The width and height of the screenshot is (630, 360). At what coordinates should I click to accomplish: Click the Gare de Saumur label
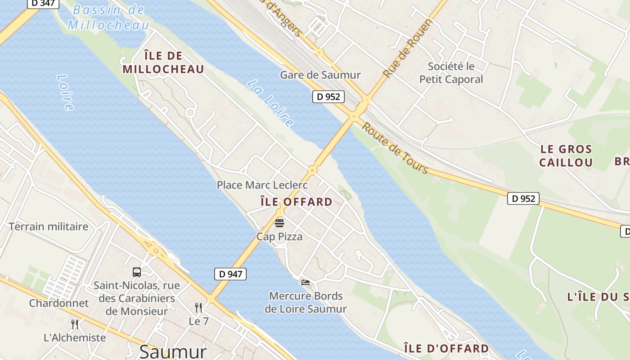(320, 75)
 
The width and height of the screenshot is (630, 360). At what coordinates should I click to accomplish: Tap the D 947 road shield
(230, 274)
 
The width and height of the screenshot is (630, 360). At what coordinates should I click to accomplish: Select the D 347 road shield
(44, 3)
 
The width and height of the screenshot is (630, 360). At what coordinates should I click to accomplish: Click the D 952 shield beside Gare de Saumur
(328, 96)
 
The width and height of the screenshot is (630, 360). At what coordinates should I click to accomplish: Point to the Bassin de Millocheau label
(108, 17)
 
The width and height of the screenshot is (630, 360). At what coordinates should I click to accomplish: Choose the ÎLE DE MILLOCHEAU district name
(163, 63)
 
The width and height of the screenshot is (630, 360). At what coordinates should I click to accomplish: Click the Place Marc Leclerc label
(262, 185)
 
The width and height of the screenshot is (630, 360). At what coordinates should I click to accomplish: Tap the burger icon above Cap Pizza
(279, 223)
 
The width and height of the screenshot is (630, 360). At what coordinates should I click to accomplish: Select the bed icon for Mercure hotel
(306, 283)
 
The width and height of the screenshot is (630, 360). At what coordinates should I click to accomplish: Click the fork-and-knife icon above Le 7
(198, 308)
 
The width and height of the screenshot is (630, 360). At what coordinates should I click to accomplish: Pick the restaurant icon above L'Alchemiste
(75, 324)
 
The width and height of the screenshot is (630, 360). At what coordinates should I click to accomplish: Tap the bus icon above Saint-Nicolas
(137, 272)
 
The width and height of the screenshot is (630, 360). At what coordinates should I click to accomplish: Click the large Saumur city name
(173, 351)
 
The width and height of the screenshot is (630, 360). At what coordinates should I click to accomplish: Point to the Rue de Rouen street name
(408, 48)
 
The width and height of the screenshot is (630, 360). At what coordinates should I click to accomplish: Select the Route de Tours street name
(395, 148)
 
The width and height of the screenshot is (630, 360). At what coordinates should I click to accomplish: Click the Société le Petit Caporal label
(451, 73)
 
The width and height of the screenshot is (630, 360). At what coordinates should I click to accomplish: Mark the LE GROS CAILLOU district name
(566, 156)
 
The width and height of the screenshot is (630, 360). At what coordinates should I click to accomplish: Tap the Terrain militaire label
(49, 226)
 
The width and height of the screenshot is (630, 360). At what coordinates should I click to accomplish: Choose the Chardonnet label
(59, 303)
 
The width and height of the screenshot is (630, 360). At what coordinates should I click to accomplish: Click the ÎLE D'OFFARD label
(446, 348)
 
